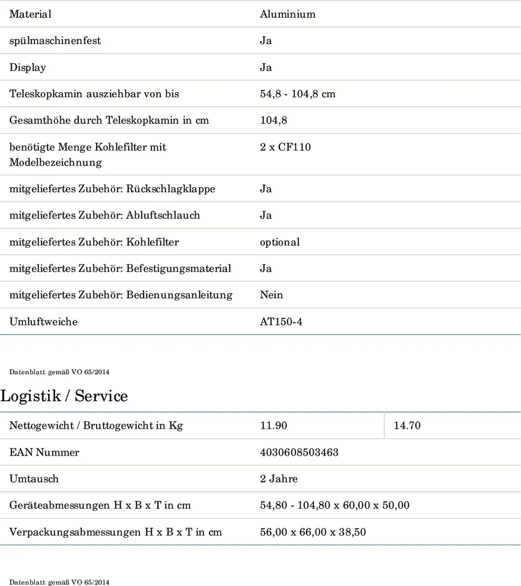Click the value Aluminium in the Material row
click(x=287, y=14)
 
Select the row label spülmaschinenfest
click(x=55, y=41)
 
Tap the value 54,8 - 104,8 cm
click(x=298, y=94)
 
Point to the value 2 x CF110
click(x=285, y=147)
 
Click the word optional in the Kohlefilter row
click(x=279, y=242)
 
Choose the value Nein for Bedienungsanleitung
click(x=271, y=295)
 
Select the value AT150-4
click(x=281, y=322)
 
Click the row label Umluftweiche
click(x=44, y=322)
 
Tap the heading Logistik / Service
click(x=64, y=395)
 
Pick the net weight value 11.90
click(x=274, y=426)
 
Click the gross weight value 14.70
click(x=407, y=426)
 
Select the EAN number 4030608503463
click(x=299, y=452)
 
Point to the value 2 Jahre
click(x=279, y=479)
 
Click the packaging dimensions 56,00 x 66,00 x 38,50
click(x=313, y=532)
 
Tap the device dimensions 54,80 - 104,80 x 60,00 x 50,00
click(x=334, y=505)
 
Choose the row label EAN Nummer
click(x=44, y=452)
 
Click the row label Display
click(x=27, y=68)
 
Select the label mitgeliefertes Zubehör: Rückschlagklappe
click(x=112, y=189)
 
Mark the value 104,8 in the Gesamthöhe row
click(x=274, y=120)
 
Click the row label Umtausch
click(x=34, y=479)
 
